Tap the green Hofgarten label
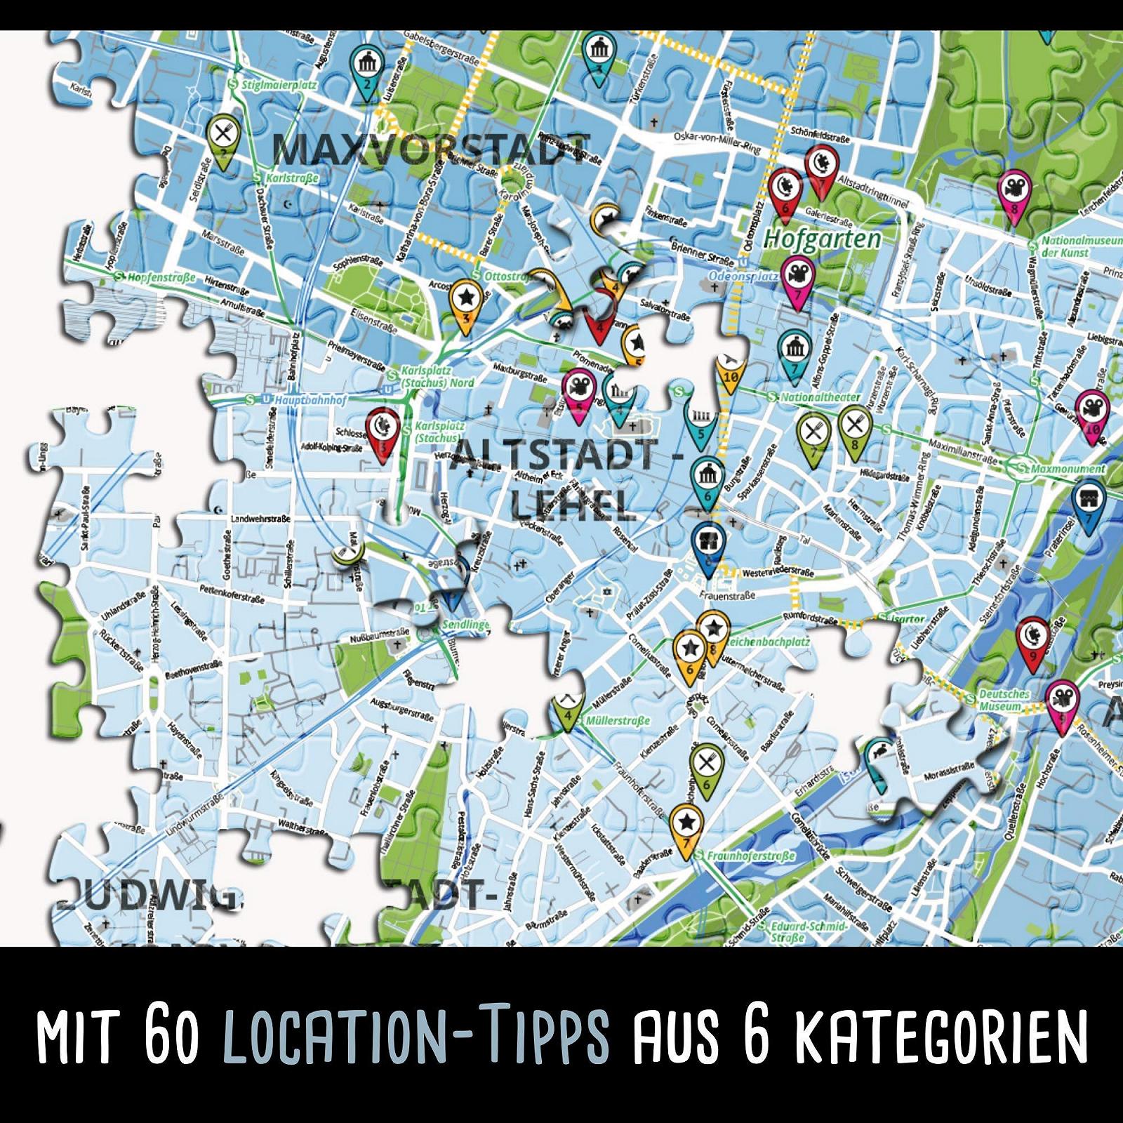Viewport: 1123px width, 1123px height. tap(822, 239)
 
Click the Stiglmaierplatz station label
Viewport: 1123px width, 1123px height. tap(279, 85)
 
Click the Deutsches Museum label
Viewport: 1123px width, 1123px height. tap(1004, 700)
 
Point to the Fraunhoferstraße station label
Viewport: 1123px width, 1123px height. tap(750, 856)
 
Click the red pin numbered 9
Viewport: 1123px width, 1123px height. tap(1032, 640)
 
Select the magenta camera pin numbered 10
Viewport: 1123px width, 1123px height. tap(1093, 414)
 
